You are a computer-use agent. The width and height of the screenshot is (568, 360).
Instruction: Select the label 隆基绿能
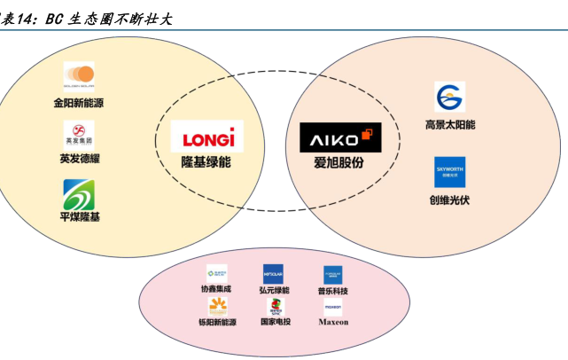coord(207,163)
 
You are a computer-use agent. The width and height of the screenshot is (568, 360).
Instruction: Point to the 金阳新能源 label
coord(79,104)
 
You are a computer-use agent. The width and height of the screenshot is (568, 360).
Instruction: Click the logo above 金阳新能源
coord(79,75)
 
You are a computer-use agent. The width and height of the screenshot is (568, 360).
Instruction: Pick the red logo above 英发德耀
coord(79,134)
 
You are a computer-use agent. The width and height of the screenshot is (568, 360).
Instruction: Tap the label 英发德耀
coord(79,160)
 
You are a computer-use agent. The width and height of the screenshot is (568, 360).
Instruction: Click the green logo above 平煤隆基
coord(79,194)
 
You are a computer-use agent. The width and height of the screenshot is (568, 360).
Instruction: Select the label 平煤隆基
coord(79,217)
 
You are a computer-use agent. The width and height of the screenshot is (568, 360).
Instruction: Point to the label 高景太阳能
coord(449,125)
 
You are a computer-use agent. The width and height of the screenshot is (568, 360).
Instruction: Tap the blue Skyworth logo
coord(449,172)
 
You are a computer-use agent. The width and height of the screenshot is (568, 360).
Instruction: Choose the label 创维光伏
coord(449,200)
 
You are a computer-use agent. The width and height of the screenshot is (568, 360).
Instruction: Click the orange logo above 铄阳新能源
coord(218,307)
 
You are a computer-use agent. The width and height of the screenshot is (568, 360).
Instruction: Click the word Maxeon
coord(333,323)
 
